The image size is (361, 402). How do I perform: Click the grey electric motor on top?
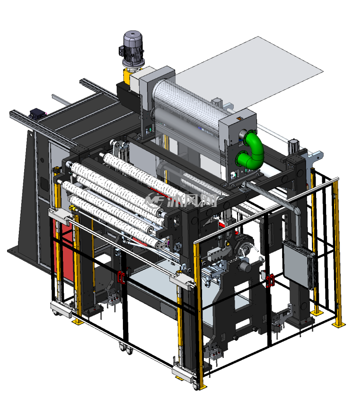tap(132, 49)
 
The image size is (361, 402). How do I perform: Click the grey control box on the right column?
tap(298, 264)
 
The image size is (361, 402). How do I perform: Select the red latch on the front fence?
tap(121, 277)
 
